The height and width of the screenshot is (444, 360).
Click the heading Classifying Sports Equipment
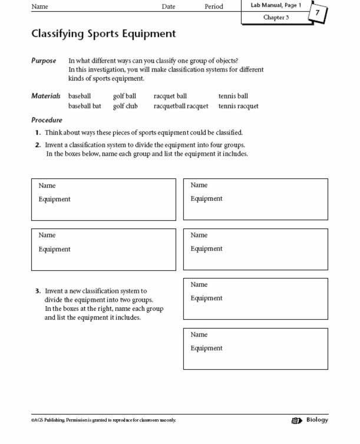(103, 34)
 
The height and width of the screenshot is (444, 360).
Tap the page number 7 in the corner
(318, 12)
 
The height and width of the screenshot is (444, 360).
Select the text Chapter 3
(276, 18)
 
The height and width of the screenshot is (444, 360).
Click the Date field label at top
(169, 6)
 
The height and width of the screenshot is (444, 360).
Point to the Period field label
(214, 6)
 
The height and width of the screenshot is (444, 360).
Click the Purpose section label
(44, 61)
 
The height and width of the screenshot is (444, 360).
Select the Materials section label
(46, 95)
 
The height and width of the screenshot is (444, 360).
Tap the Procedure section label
(47, 120)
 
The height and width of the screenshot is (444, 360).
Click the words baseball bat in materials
(85, 106)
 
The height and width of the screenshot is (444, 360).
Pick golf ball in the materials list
(124, 96)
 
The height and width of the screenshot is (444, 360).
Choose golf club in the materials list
(125, 106)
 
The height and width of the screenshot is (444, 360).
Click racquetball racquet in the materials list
(181, 106)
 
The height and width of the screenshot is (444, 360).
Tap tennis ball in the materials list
(233, 96)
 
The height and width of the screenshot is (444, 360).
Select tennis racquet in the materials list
(238, 106)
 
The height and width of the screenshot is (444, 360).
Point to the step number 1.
(38, 132)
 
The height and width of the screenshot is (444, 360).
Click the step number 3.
(38, 290)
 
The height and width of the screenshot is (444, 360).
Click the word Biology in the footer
(318, 420)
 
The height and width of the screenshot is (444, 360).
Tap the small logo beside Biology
(296, 420)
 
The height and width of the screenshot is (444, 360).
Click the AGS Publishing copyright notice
(103, 420)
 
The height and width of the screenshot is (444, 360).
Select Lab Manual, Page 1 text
(276, 5)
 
